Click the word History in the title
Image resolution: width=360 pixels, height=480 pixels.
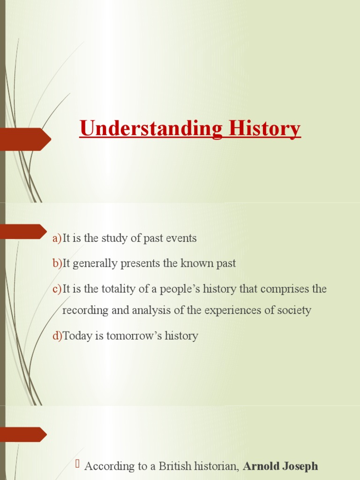coord(264,128)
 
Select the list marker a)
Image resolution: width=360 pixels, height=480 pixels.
coord(57,239)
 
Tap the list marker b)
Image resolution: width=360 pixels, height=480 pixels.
coord(57,264)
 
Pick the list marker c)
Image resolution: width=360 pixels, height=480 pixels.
coord(57,289)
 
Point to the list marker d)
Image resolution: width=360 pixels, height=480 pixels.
coord(57,336)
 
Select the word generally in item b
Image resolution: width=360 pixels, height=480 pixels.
coord(96,264)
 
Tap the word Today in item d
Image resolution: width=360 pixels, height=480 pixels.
coord(76,336)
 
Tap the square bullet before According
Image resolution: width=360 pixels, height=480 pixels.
coord(78,465)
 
